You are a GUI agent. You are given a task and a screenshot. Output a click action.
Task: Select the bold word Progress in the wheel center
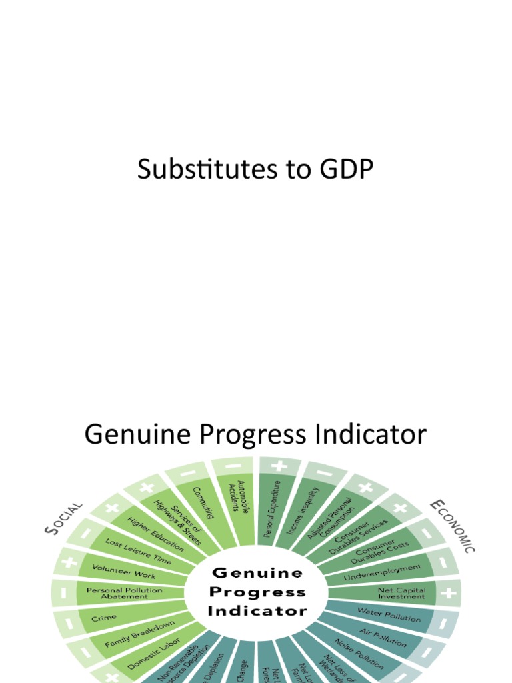pos(257,592)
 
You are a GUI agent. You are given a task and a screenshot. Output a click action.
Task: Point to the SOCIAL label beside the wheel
pos(64,518)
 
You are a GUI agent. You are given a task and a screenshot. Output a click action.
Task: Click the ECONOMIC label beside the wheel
pos(454,526)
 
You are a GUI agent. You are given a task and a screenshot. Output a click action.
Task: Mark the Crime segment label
pos(107,618)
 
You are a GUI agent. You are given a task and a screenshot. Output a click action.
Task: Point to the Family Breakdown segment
pos(139,634)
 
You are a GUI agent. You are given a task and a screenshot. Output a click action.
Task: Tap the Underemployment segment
pos(383,572)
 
